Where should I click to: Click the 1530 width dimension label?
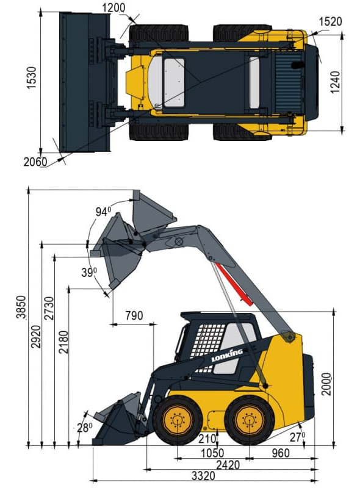(x=32, y=78)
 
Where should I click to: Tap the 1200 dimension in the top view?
(x=113, y=8)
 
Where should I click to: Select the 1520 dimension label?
(x=331, y=21)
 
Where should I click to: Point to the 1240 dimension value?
(x=335, y=82)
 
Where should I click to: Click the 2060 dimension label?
(x=35, y=162)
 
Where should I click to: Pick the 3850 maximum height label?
(x=21, y=307)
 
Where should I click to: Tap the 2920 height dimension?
(x=36, y=337)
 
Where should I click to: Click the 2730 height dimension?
(x=49, y=309)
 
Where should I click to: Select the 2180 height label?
(x=63, y=342)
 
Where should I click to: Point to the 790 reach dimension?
(x=134, y=315)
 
